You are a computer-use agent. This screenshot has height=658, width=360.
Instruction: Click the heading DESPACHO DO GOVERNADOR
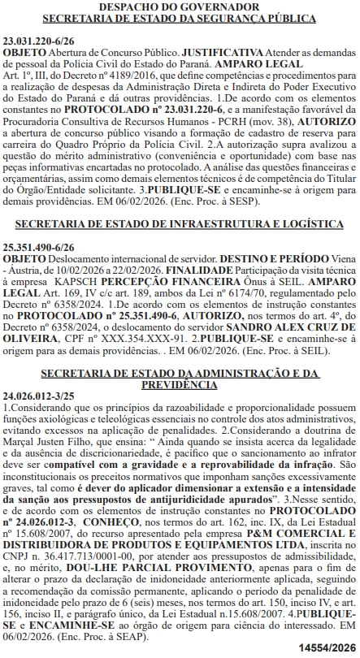click(180, 6)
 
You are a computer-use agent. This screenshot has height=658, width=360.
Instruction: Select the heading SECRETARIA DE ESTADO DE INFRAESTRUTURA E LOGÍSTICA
click(180, 223)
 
